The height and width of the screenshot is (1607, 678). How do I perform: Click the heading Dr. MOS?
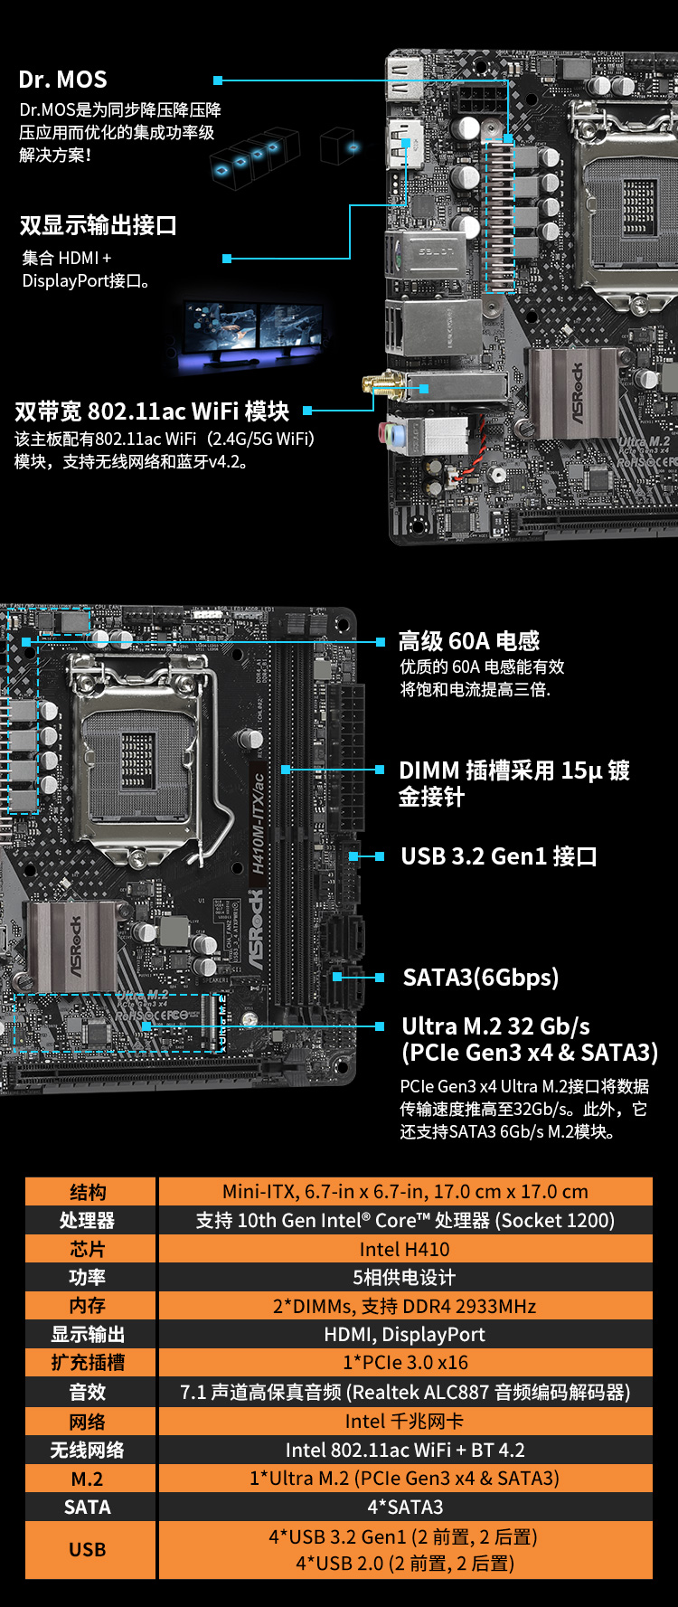[x=62, y=80]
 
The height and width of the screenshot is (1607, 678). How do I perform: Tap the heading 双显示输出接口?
[x=98, y=225]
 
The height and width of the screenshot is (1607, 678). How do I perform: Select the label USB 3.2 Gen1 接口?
[x=499, y=856]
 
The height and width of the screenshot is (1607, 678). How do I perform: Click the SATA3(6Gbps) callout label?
[x=481, y=978]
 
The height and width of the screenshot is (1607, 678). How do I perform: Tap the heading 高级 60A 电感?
[x=469, y=641]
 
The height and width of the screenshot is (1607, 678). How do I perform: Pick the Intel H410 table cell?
[x=404, y=1249]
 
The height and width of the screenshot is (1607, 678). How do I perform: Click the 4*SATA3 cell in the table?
[x=404, y=1507]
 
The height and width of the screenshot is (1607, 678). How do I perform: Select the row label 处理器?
[x=88, y=1220]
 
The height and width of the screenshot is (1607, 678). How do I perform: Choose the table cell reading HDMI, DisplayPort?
[x=404, y=1334]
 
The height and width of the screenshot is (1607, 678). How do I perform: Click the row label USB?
[x=88, y=1549]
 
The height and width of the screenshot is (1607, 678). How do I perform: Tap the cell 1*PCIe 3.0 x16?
[x=404, y=1362]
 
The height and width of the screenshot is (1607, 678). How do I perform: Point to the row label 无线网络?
[x=88, y=1450]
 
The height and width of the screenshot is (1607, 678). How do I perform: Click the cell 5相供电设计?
[x=404, y=1277]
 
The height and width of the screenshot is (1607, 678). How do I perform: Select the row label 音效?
[x=88, y=1392]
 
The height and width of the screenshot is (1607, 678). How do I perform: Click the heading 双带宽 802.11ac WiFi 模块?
[x=152, y=411]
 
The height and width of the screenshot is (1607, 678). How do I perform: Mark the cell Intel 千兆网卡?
[x=404, y=1421]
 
